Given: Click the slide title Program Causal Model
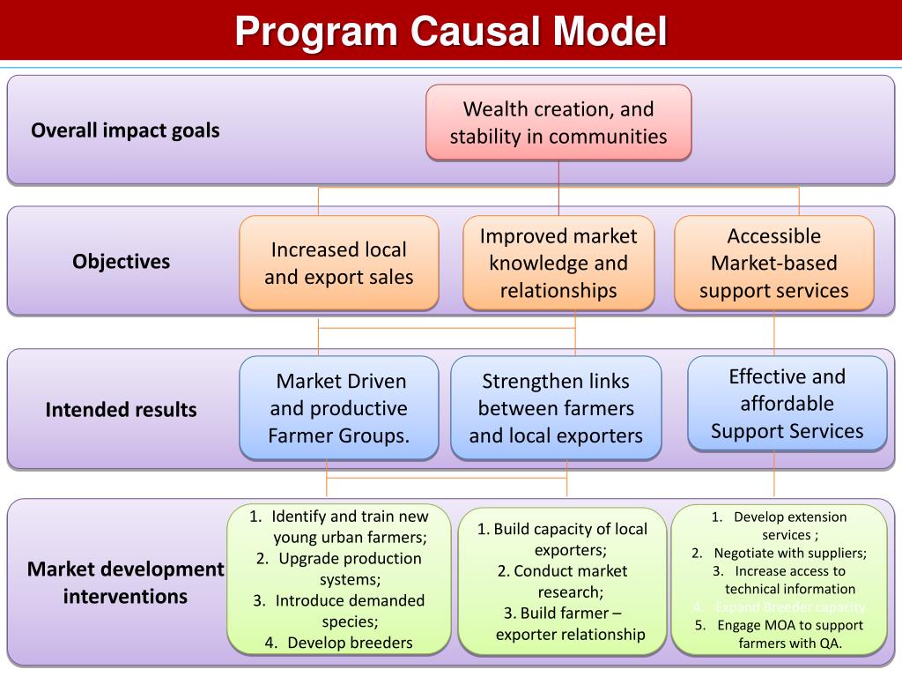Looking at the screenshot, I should pos(451,33).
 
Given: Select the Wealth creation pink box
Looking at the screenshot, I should pos(558,123).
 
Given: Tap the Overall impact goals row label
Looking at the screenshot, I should pos(125,130).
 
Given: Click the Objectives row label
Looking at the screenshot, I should pos(122,262).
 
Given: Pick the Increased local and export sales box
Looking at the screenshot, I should pos(338,263).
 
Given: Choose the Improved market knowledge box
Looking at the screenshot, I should pos(558,263).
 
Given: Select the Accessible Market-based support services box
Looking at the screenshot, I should pos(774,263).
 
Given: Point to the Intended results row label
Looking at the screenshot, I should pos(122,410).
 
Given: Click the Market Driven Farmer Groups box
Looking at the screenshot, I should pos(339,408).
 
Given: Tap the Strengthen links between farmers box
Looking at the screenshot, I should pos(556,408).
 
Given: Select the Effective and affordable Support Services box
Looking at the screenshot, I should pos(787,404).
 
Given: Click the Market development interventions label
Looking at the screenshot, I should pos(125,583).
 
